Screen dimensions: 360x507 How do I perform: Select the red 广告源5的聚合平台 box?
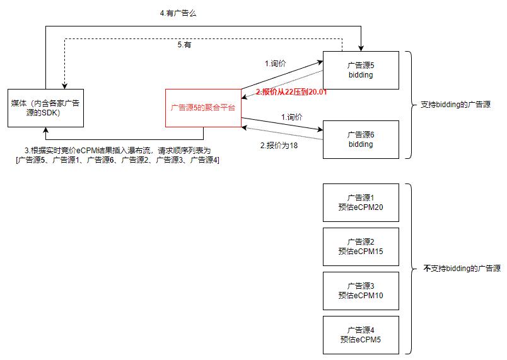coord(203,108)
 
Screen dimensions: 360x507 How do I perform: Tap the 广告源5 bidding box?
coord(361,70)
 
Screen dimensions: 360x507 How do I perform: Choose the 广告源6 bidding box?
coord(361,139)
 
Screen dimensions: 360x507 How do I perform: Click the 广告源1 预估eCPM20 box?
coord(361,202)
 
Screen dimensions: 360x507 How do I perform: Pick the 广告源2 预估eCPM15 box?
coord(361,247)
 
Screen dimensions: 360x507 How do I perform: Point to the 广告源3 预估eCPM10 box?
coord(361,291)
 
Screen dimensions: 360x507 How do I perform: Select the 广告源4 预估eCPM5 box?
coord(361,335)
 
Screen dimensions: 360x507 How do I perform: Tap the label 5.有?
coord(184,45)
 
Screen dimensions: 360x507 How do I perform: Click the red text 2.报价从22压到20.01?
coord(291,92)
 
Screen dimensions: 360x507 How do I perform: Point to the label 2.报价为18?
coord(279,145)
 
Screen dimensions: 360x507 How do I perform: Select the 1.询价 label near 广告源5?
coord(276,63)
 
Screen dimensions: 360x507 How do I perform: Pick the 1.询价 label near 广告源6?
coord(291,117)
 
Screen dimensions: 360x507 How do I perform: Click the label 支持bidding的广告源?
coord(455,105)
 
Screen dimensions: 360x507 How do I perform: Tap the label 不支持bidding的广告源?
coord(462,269)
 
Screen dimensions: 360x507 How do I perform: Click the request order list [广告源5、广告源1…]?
coord(117,160)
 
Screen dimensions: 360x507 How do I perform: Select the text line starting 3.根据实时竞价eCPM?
coord(117,150)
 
